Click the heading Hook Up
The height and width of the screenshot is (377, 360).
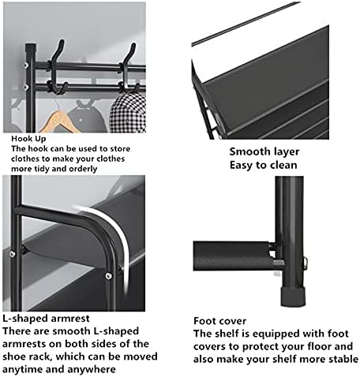point(28,137)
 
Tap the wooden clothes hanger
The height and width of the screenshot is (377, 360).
point(61,120)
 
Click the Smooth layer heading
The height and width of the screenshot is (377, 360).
point(264,151)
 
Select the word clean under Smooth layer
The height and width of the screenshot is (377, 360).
point(283,165)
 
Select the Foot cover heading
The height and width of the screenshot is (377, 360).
point(220,322)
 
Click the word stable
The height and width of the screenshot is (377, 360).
point(338,358)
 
